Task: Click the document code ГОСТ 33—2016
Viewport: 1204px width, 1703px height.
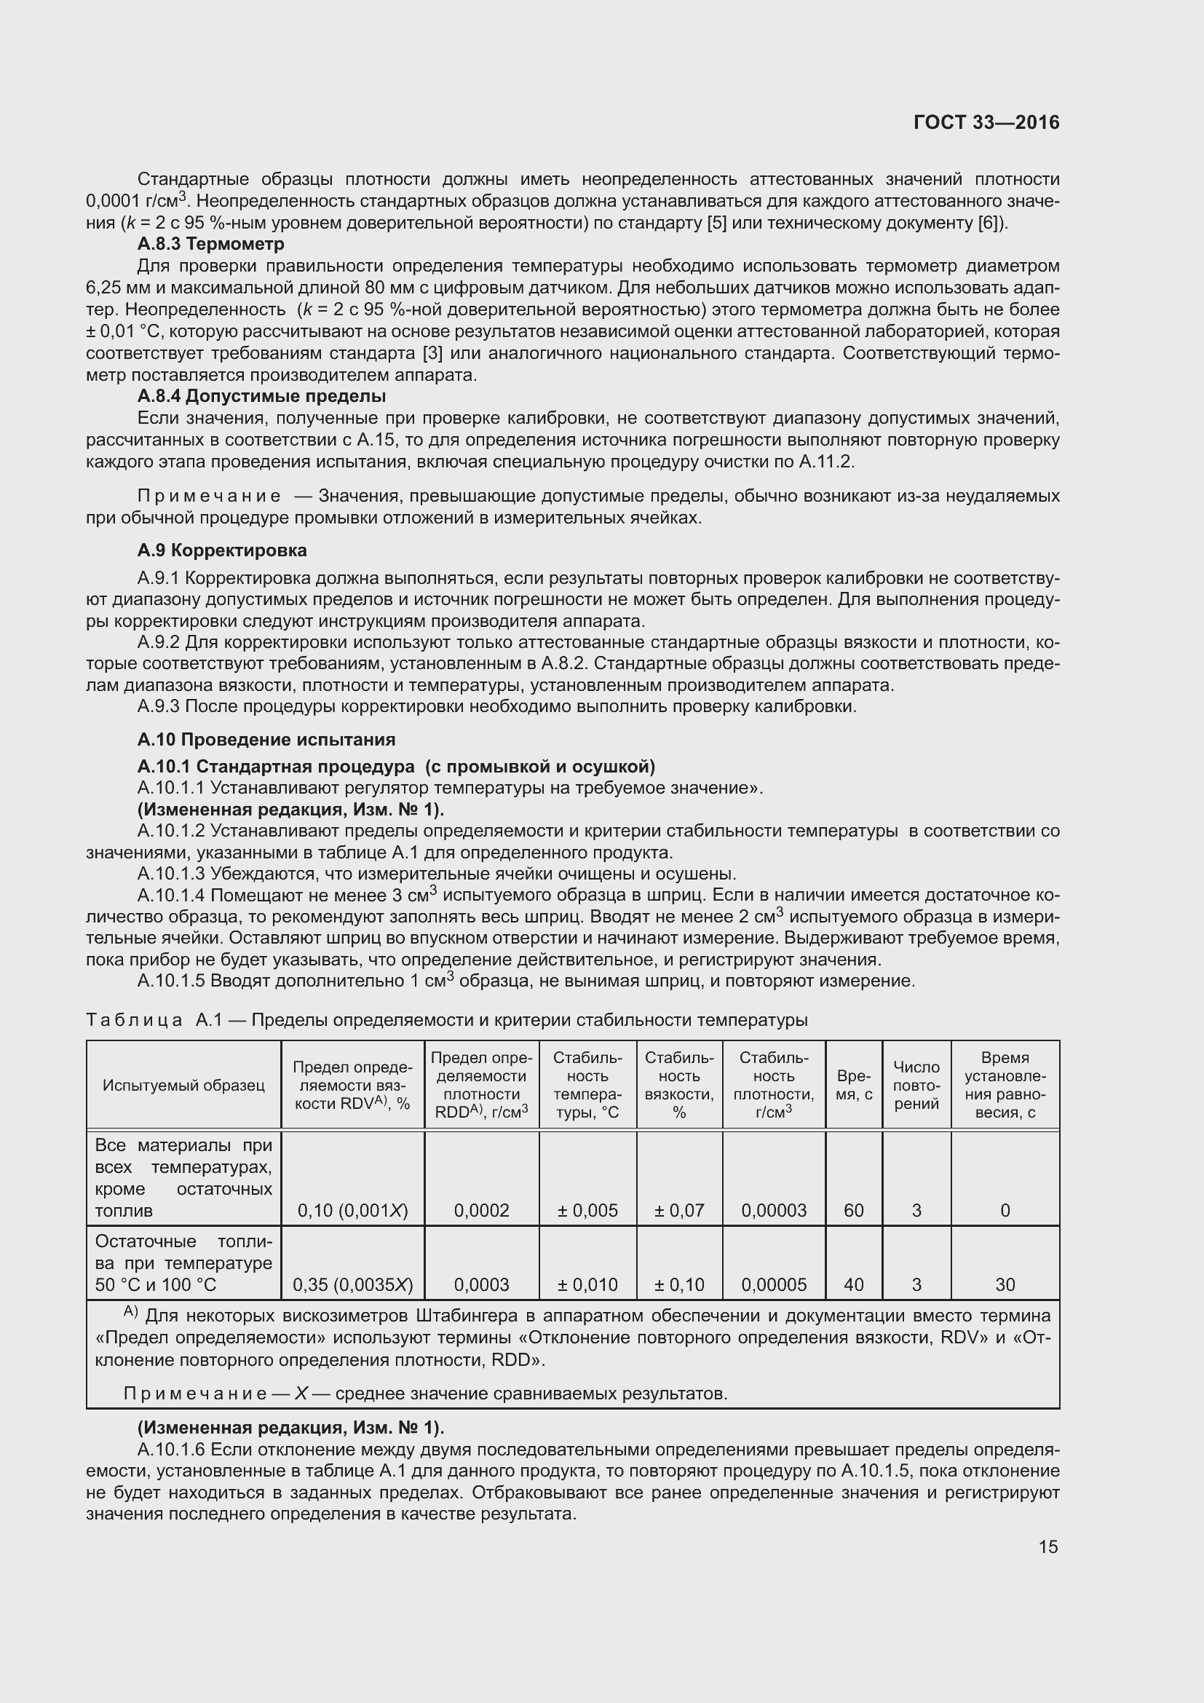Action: (x=986, y=122)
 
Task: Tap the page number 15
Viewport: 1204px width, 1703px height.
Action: (x=1047, y=1546)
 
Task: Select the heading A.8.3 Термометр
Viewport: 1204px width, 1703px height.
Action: (x=210, y=243)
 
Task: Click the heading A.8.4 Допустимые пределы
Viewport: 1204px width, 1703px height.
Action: (x=261, y=396)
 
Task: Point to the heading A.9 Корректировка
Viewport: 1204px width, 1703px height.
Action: (x=222, y=550)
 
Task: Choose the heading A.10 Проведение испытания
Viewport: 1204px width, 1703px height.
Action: (x=266, y=740)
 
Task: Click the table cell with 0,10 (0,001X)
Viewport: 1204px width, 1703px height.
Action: (x=353, y=1211)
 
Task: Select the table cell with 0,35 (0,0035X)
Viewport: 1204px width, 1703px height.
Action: (x=353, y=1284)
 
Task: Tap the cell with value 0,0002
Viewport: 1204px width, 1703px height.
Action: (x=482, y=1211)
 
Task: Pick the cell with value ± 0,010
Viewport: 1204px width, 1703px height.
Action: (x=587, y=1284)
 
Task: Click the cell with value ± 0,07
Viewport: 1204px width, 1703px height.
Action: (x=679, y=1211)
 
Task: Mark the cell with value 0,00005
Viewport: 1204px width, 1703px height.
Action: (x=774, y=1284)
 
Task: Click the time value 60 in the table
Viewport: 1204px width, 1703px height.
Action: (x=853, y=1211)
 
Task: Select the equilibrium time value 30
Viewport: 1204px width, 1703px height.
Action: (x=1005, y=1284)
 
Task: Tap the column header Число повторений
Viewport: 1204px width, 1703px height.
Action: (x=916, y=1085)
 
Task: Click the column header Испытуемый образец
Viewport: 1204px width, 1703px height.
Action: (x=183, y=1085)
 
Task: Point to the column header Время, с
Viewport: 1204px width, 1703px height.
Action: (x=853, y=1085)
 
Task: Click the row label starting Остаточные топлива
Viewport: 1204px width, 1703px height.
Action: (x=183, y=1263)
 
